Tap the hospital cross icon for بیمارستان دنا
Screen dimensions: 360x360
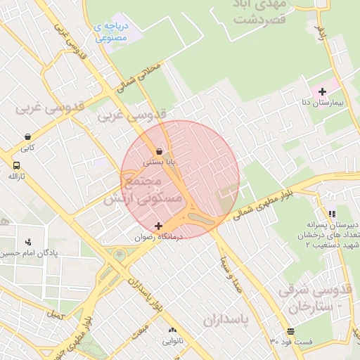tap(322, 91)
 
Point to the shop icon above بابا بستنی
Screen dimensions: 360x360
tap(160, 150)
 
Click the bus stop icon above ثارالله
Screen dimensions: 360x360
tap(15, 165)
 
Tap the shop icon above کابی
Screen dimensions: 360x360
tap(27, 136)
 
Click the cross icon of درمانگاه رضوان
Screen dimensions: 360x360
tap(159, 226)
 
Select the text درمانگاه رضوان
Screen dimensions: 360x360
tap(159, 238)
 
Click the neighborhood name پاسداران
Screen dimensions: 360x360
tap(227, 321)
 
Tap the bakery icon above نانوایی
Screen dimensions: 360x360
tap(172, 329)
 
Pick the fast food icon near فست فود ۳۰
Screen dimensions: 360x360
tap(290, 331)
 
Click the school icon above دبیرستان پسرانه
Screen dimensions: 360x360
tap(331, 214)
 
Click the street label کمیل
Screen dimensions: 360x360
tap(54, 318)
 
